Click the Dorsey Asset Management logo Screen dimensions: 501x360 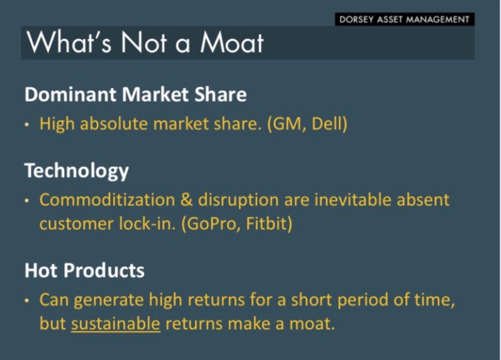405,19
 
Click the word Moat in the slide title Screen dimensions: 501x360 232,42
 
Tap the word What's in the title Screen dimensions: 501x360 69,42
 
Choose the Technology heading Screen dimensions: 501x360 77,172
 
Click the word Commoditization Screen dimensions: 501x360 107,200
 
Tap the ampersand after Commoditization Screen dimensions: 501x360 186,200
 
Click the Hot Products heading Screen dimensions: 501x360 84,270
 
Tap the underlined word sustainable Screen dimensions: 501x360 116,324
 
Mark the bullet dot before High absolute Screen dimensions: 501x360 27,125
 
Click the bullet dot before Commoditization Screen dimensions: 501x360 27,201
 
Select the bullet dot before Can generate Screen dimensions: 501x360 27,301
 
